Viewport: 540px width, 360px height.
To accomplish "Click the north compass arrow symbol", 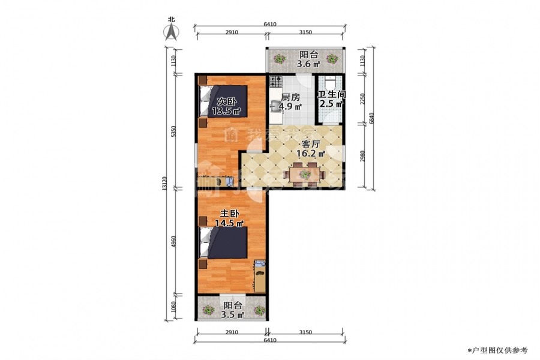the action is tap(171, 32).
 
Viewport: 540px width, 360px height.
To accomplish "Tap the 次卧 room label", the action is tap(227, 101).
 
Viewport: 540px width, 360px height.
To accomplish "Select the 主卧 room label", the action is tap(229, 214).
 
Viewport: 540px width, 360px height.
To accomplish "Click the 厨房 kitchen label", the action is tap(290, 97).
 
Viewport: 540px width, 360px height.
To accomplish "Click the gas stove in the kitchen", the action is tap(276, 82).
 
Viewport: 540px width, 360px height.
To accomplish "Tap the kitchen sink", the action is tap(276, 106).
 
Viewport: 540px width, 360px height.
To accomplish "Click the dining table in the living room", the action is tap(304, 175).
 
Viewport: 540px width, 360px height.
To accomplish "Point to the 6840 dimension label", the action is tap(371, 118).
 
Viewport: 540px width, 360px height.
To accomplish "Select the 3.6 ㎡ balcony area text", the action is tap(308, 64).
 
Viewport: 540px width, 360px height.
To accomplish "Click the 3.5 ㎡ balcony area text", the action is tap(233, 314).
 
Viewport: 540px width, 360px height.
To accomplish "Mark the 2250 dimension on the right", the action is tap(361, 99).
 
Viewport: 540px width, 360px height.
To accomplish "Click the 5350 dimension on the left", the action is tap(174, 131).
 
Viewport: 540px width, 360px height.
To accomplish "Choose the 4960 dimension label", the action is tap(174, 241).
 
